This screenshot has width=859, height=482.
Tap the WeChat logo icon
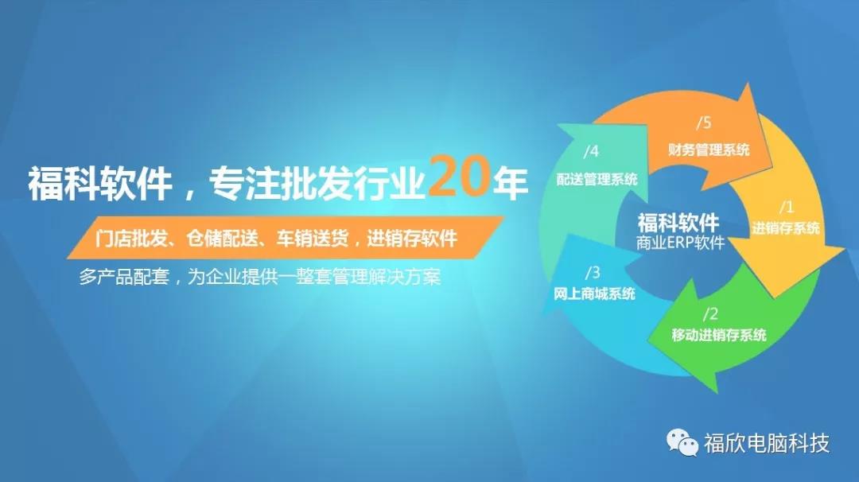click(x=682, y=442)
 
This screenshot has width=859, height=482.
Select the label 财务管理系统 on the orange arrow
click(x=709, y=150)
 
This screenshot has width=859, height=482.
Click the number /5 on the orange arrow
click(x=703, y=122)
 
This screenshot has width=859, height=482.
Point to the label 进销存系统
click(x=786, y=227)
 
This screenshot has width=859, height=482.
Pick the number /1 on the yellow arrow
click(x=786, y=207)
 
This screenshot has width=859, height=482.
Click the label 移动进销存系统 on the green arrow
click(x=719, y=335)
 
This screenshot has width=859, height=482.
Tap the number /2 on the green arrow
click(x=710, y=314)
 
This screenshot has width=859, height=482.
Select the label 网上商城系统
click(x=594, y=293)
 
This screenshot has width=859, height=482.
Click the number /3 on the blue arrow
click(x=593, y=272)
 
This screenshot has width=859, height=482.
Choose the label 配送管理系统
click(x=597, y=179)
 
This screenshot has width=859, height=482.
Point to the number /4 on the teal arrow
click(x=591, y=151)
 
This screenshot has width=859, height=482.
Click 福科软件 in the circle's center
click(x=678, y=223)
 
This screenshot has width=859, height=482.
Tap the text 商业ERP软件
click(x=680, y=243)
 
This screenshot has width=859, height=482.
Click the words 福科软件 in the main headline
click(x=100, y=183)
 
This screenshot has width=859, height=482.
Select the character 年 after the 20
click(x=510, y=183)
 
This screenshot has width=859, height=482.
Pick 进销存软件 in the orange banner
click(x=412, y=239)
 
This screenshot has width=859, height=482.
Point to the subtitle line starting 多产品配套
click(x=259, y=277)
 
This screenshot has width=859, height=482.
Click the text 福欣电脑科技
click(x=767, y=443)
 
